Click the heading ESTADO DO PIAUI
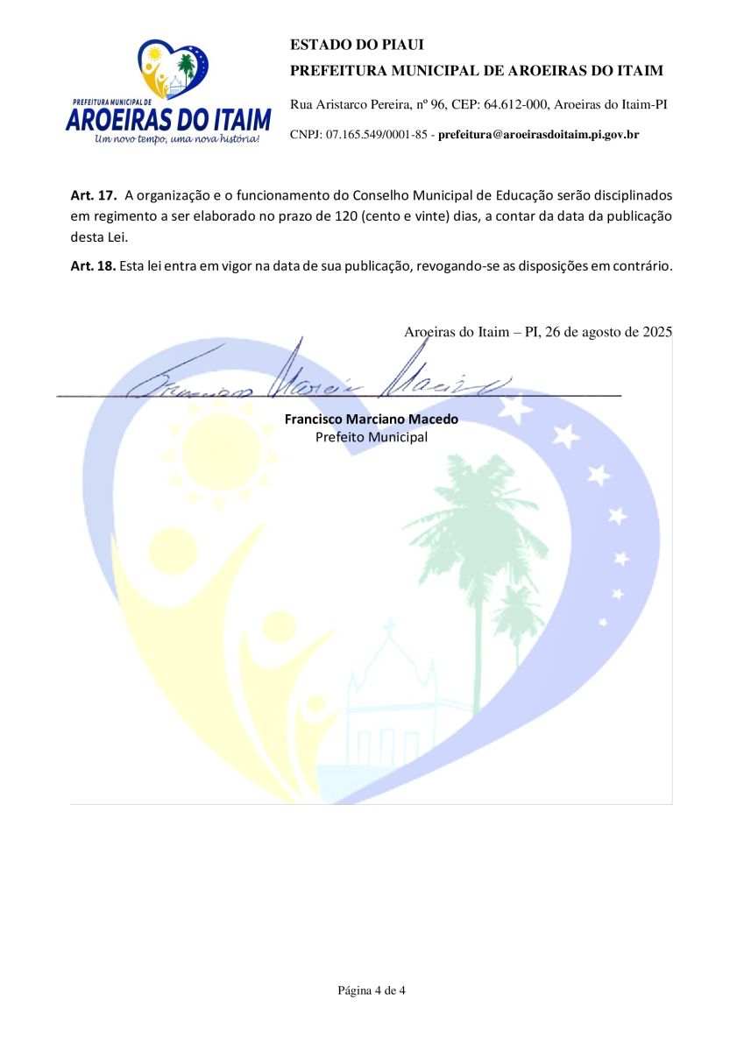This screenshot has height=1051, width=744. coord(344,45)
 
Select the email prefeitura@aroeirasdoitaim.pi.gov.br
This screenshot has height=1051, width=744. coord(538,135)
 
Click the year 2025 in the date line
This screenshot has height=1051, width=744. coord(656,332)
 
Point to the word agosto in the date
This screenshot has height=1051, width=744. coord(599,332)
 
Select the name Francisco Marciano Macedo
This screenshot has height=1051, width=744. coord(372,419)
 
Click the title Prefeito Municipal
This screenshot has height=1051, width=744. coord(372,436)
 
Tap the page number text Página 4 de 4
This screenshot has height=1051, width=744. coord(372,991)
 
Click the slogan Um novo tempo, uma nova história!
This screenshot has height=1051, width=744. coord(177,139)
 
